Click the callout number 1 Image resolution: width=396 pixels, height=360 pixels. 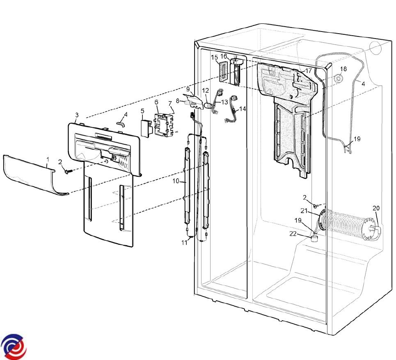coord(48,159)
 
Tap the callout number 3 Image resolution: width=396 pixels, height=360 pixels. coord(77,115)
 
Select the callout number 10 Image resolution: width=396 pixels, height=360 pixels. coord(176,181)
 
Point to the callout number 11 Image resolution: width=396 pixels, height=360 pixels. coord(184,242)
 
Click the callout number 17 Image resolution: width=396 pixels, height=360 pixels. coord(308,71)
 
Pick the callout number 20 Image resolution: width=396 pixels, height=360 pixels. coord(376,208)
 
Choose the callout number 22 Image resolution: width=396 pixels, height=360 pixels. coord(293,234)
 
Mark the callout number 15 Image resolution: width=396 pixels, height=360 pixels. coord(215,57)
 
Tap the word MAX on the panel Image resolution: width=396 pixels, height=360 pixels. coord(124,165)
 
